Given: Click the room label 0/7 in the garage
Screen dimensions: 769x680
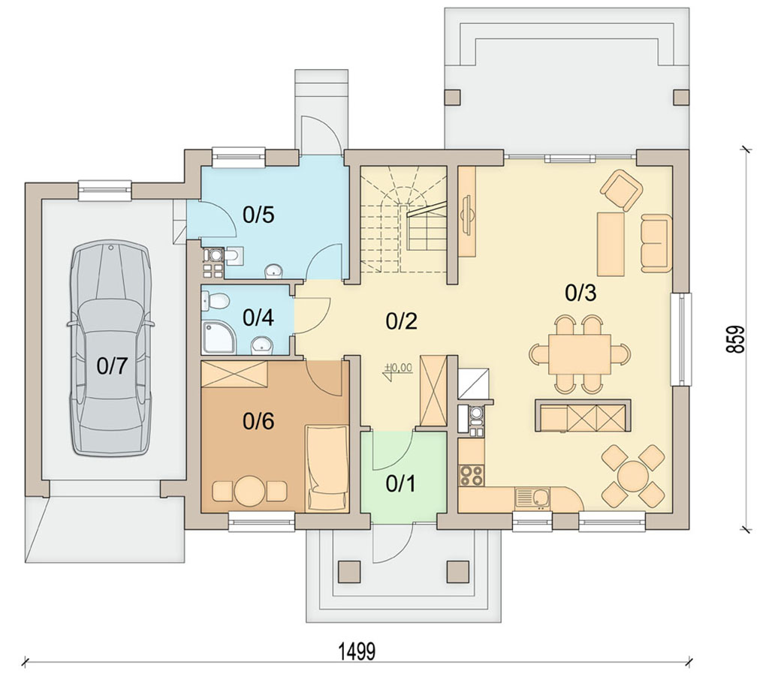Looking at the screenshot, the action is click(x=112, y=366).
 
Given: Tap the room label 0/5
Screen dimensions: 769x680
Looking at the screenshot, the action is click(x=258, y=215).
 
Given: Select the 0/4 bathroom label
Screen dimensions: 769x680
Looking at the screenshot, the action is click(x=258, y=317).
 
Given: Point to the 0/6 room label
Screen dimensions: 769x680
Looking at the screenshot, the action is click(x=258, y=421).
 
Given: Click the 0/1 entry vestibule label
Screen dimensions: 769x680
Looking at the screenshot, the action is click(x=401, y=483).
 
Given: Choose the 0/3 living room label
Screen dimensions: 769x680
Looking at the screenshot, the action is click(x=581, y=293).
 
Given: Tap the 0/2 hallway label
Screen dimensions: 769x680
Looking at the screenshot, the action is click(x=401, y=321).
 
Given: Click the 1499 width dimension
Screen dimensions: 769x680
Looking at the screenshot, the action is click(x=357, y=652).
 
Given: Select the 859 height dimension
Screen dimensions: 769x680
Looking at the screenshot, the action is click(x=735, y=338).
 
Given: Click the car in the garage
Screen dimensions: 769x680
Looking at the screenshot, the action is click(x=111, y=348).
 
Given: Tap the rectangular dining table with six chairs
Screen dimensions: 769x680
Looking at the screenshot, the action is click(x=580, y=354).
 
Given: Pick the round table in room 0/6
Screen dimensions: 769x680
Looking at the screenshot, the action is click(x=249, y=491).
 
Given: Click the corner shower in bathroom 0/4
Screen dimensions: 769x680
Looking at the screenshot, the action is click(x=219, y=337).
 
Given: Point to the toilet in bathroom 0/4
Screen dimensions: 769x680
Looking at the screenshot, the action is click(x=215, y=301).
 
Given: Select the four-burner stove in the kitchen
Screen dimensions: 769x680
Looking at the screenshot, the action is click(x=471, y=475).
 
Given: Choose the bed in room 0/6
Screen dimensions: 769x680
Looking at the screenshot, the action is click(x=327, y=468).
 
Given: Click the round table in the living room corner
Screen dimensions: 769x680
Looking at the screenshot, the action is click(x=634, y=476).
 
